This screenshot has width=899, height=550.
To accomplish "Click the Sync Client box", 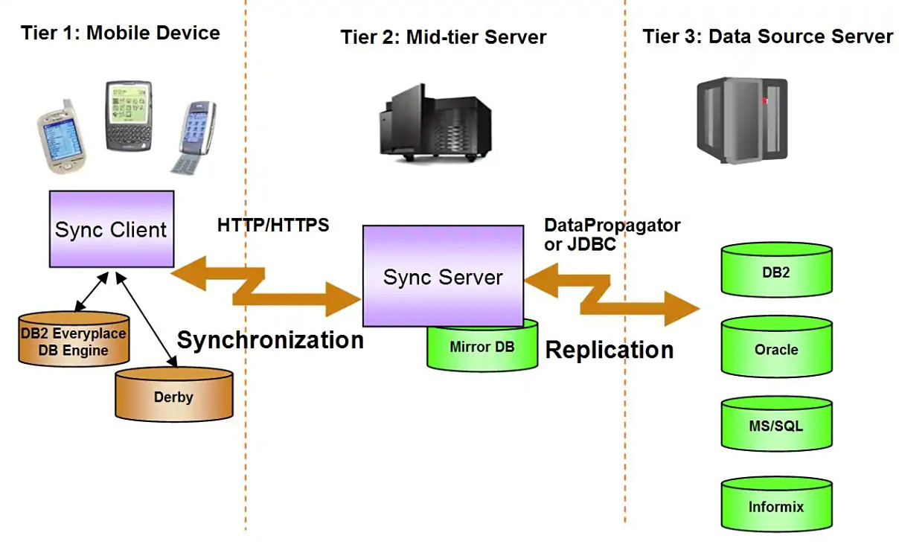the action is (x=112, y=228).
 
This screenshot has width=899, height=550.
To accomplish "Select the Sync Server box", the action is (x=443, y=276).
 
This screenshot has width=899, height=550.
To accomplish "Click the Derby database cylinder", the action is (x=174, y=394).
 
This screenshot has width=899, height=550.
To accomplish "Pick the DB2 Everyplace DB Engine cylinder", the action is (x=74, y=339).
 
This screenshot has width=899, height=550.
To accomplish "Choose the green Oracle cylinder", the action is (x=777, y=347).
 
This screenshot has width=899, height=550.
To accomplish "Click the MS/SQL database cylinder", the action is (x=777, y=424).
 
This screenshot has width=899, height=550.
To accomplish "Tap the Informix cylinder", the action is (x=777, y=505).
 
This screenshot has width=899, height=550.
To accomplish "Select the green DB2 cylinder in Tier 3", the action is (x=777, y=269).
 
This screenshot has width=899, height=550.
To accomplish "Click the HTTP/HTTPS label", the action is (x=273, y=226).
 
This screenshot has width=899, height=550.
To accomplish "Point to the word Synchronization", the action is (x=270, y=340).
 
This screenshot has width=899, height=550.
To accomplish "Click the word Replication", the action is (x=610, y=350).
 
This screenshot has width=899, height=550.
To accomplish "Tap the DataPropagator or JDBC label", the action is (x=612, y=235).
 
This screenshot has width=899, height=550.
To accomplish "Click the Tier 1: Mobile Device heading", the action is (x=121, y=33).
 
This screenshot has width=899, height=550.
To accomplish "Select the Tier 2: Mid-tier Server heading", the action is (x=444, y=37).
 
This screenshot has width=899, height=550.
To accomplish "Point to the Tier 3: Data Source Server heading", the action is (x=768, y=36).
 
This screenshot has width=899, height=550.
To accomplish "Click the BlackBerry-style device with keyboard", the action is (x=129, y=116).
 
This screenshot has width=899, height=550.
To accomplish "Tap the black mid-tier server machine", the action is (x=435, y=123).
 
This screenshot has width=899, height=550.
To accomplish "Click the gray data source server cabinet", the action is (x=742, y=121).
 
